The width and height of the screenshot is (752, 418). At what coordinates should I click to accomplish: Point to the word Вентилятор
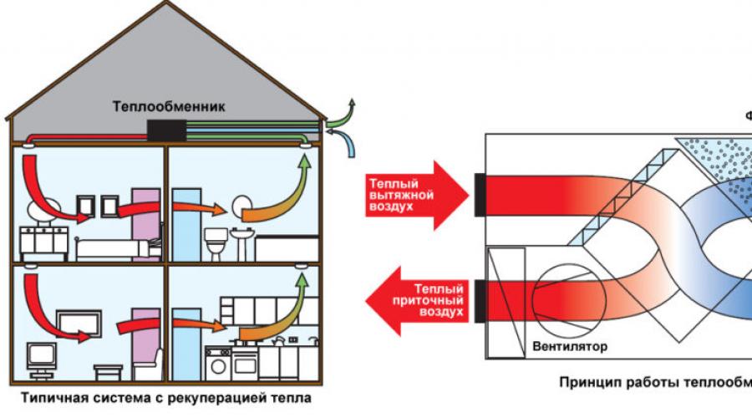569,345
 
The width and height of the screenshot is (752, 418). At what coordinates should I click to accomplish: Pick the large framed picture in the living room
79,321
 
